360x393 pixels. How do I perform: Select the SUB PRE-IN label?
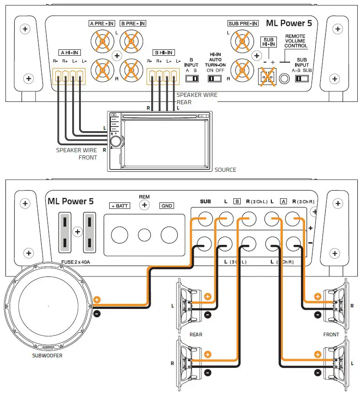tap(242, 23)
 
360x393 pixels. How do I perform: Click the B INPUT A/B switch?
tap(192, 79)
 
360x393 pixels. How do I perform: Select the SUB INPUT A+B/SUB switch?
tap(302, 79)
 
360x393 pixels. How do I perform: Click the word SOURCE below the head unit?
tap(225, 170)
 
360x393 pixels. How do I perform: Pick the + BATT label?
tap(119, 206)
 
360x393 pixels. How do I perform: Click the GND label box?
tap(167, 206)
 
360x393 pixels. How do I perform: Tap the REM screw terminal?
tap(144, 205)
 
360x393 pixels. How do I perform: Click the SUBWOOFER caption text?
tap(48, 355)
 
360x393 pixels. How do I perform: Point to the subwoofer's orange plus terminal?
tap(96, 300)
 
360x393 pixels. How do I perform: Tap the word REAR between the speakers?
tap(196, 335)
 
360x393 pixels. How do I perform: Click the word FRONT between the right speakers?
tap(331, 335)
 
